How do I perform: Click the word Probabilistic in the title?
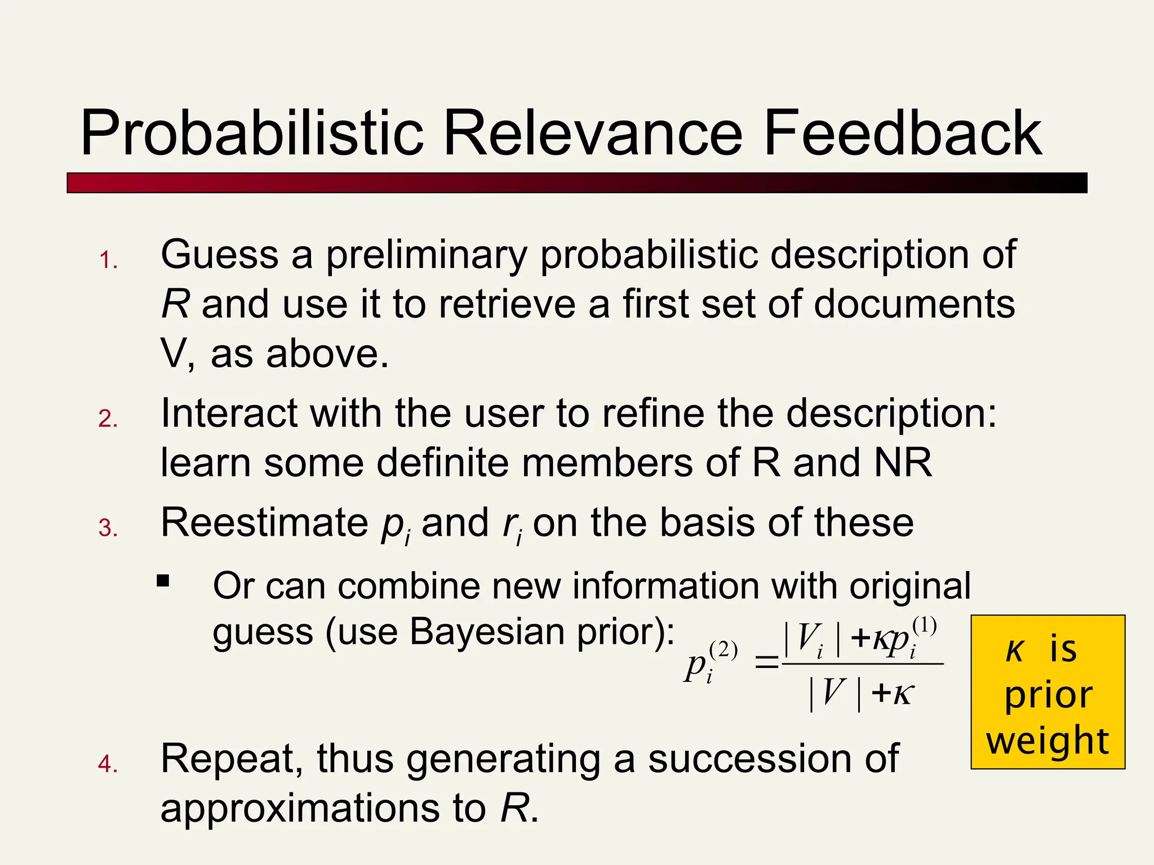coord(251,134)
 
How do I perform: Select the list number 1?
coord(108,261)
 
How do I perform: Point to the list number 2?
coord(108,419)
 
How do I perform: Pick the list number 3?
coord(108,528)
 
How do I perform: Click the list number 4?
coord(108,764)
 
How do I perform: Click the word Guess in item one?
coord(219,255)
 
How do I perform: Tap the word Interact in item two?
coord(229,413)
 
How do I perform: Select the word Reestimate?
coord(264,523)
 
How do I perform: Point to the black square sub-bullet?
coord(163,581)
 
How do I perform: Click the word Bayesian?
coord(487,631)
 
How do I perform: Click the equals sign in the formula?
coord(766,663)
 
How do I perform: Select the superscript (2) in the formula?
coord(724,650)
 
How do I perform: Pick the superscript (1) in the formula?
coord(924,626)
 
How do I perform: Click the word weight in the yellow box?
coord(1048,741)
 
